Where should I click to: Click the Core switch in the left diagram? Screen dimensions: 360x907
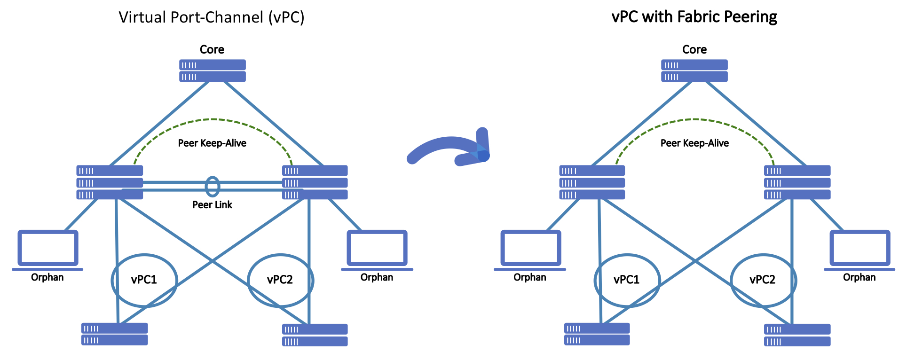pos(212,70)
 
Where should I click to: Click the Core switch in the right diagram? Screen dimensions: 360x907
pos(694,70)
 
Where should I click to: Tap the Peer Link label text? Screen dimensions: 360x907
pos(212,204)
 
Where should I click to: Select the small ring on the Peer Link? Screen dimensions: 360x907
pos(213,186)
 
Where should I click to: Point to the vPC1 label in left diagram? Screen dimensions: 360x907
pos(144,280)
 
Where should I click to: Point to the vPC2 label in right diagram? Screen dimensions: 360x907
pos(762,280)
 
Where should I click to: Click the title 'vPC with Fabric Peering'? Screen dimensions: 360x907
pos(694,17)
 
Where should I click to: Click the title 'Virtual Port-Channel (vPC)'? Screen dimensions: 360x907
pos(212,17)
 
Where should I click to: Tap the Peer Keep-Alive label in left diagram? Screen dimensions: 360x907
pos(212,143)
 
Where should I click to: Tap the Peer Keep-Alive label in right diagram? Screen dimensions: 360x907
pos(694,143)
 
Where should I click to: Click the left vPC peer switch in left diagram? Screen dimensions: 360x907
pos(110,182)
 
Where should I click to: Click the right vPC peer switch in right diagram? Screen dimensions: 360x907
pos(797,182)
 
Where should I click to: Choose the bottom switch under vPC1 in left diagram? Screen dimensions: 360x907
pos(115,334)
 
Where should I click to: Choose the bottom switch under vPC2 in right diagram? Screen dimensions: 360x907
pos(797,335)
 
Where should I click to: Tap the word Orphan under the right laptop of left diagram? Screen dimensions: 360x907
pos(377,277)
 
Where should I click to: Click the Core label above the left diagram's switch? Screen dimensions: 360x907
pos(212,49)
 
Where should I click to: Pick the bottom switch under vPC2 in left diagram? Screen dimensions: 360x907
pos(315,335)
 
